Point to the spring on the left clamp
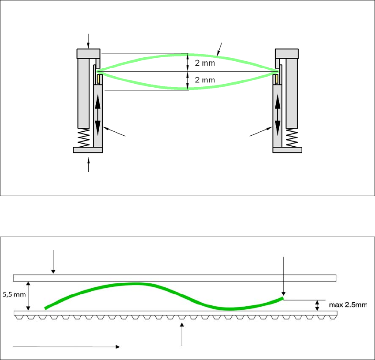click(83, 138)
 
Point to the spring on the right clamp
click(292, 138)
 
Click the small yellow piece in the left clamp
click(100, 79)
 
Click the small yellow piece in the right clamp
click(275, 79)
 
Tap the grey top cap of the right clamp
click(287, 53)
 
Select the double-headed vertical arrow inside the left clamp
click(97, 115)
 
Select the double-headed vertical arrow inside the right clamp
click(277, 115)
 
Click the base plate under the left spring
click(88, 150)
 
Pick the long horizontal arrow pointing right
click(66, 347)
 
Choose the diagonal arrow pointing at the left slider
click(116, 133)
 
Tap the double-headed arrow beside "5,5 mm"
click(29, 296)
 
